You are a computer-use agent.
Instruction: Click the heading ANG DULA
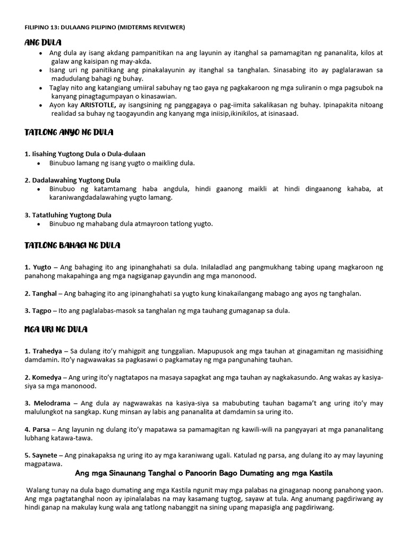(x=43, y=42)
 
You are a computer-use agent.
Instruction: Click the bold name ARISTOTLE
(x=90, y=105)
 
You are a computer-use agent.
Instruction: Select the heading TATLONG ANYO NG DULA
(x=69, y=131)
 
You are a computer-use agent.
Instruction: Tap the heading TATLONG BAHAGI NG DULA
(x=72, y=245)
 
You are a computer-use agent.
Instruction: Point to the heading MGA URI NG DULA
(x=56, y=329)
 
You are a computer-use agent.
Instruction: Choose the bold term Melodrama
(x=50, y=403)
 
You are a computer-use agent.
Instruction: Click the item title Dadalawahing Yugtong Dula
(x=75, y=180)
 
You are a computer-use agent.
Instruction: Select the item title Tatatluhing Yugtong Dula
(x=71, y=215)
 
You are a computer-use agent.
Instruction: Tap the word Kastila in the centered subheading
(x=318, y=473)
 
